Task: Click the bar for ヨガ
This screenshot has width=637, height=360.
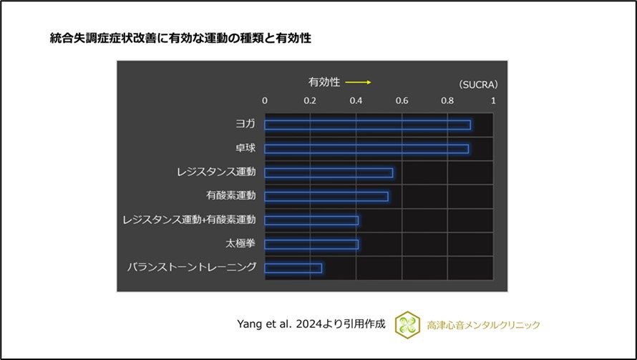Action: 367,125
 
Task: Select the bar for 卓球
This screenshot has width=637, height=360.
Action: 366,149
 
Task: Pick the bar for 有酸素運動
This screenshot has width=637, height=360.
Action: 326,196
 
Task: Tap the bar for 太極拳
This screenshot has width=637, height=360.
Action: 311,244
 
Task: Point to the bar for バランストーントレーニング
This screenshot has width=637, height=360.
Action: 293,268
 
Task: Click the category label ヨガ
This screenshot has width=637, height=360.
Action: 245,125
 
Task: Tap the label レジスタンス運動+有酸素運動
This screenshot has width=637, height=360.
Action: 190,220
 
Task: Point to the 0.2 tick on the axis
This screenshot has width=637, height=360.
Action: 311,101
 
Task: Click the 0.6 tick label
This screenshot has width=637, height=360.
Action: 402,101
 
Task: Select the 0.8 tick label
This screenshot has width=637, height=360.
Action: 447,101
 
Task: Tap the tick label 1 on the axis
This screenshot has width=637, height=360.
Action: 492,101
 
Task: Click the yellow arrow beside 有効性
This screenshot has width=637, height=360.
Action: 358,82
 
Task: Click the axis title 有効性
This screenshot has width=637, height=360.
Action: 324,82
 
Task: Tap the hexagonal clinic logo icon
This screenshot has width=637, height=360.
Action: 407,323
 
